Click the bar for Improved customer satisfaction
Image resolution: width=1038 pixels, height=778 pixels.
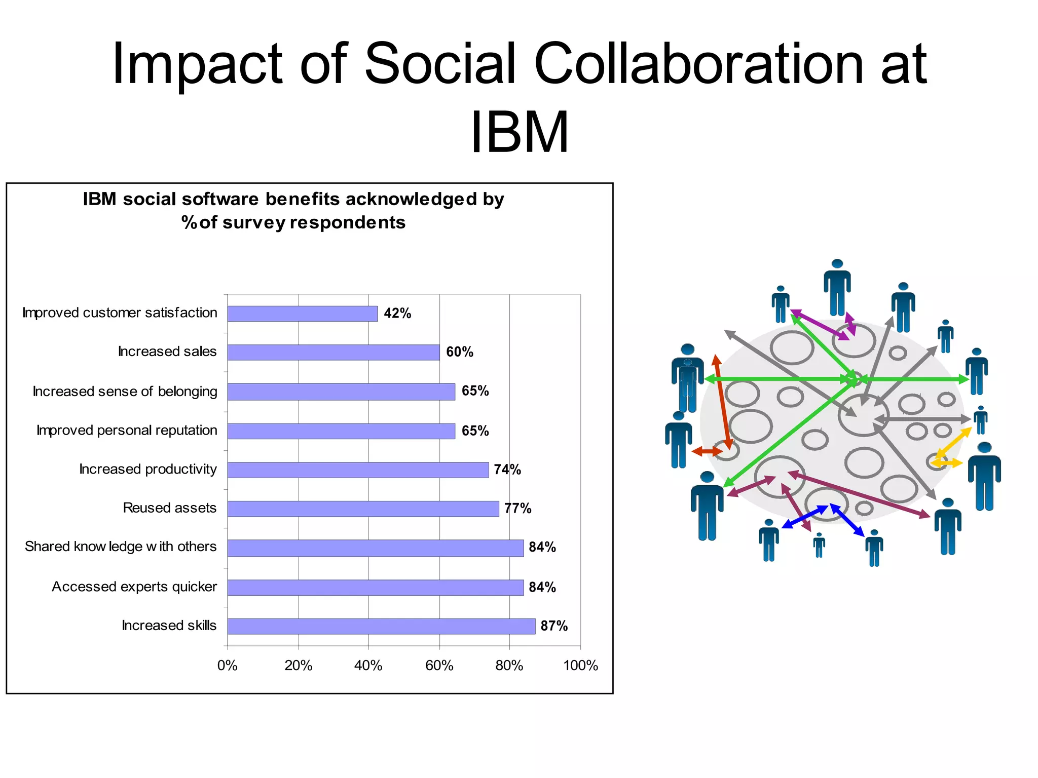[x=302, y=314]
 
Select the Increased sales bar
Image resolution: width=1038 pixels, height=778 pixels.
[x=333, y=352]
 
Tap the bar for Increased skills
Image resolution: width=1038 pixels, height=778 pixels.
[x=381, y=626]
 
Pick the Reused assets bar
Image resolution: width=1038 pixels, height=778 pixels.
[x=363, y=509]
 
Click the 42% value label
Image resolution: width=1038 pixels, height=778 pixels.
[x=397, y=314]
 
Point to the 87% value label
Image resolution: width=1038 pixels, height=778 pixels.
[x=554, y=626]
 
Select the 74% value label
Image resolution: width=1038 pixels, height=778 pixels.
[x=507, y=470]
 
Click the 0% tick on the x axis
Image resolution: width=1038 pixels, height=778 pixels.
[x=228, y=665]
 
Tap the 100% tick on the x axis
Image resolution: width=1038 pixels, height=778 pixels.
[x=580, y=665]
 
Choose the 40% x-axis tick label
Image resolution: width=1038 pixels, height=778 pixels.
[x=368, y=665]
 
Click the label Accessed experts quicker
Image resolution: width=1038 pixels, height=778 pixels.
[x=134, y=587]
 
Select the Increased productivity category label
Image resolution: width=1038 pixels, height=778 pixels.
[x=148, y=469]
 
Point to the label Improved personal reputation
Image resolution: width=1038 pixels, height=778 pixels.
[x=127, y=430]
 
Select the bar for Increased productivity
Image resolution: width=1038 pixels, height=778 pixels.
[x=358, y=470]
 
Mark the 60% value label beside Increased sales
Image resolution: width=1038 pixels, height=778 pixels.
[x=460, y=352]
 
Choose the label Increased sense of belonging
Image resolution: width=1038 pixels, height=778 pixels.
[x=125, y=392]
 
